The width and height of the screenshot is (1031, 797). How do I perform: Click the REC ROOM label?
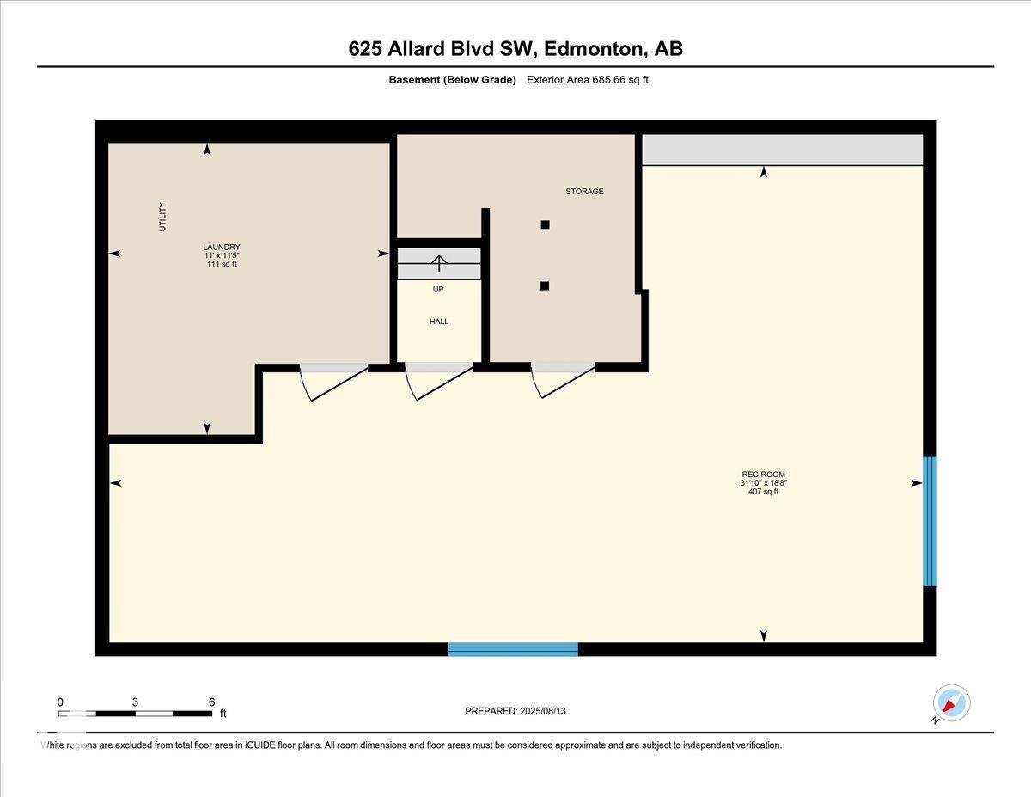763,475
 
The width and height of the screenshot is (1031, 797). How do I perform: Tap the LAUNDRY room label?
222,247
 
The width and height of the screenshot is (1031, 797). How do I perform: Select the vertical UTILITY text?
162,216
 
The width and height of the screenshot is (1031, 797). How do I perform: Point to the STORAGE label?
584,191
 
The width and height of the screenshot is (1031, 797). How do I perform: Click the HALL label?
439,322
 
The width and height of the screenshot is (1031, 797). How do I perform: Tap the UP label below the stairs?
438,290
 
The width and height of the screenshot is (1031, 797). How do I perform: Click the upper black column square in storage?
545,224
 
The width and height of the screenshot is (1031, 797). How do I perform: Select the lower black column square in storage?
545,286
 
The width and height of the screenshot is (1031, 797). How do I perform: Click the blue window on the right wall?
930,521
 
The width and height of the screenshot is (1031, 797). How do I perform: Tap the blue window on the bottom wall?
513,649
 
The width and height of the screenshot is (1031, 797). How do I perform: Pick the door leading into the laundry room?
333,380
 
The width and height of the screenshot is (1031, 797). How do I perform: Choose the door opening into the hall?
439,380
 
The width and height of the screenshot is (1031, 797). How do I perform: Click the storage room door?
564,380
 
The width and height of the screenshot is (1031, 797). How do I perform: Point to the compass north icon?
951,703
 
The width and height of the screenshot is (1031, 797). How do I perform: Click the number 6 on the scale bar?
211,702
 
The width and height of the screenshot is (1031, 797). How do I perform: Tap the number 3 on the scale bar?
135,702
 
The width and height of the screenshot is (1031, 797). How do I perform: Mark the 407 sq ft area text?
763,492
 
